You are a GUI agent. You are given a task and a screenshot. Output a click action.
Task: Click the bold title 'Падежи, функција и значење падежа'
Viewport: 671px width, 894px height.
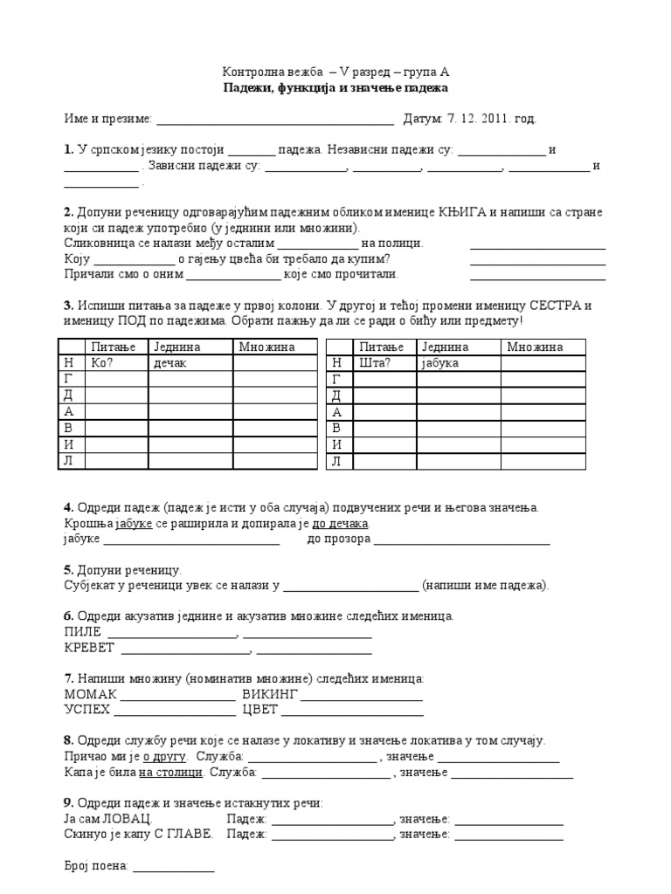[x=335, y=88]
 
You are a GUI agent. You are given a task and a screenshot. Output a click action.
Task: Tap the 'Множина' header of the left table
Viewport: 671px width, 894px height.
[x=266, y=347]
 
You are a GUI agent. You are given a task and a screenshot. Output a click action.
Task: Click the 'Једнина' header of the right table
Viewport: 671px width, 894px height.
[x=444, y=347]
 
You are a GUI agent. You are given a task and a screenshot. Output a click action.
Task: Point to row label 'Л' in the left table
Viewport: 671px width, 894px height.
[x=68, y=460]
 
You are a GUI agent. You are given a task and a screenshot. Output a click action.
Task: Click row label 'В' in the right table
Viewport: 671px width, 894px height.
[x=336, y=428]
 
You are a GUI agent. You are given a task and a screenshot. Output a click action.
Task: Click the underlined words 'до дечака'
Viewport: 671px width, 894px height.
[x=341, y=523]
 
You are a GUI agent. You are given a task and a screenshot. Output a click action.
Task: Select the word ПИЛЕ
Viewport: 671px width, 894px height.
[x=83, y=631]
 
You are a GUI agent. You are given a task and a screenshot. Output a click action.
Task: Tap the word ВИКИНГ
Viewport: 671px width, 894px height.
[x=270, y=694]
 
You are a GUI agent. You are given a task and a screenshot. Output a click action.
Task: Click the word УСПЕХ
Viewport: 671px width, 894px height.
[x=87, y=710]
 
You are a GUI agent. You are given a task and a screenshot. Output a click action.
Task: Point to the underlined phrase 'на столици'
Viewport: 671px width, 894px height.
[x=171, y=773]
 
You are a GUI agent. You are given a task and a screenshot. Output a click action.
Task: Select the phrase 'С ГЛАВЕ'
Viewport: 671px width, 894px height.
[x=189, y=835]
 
